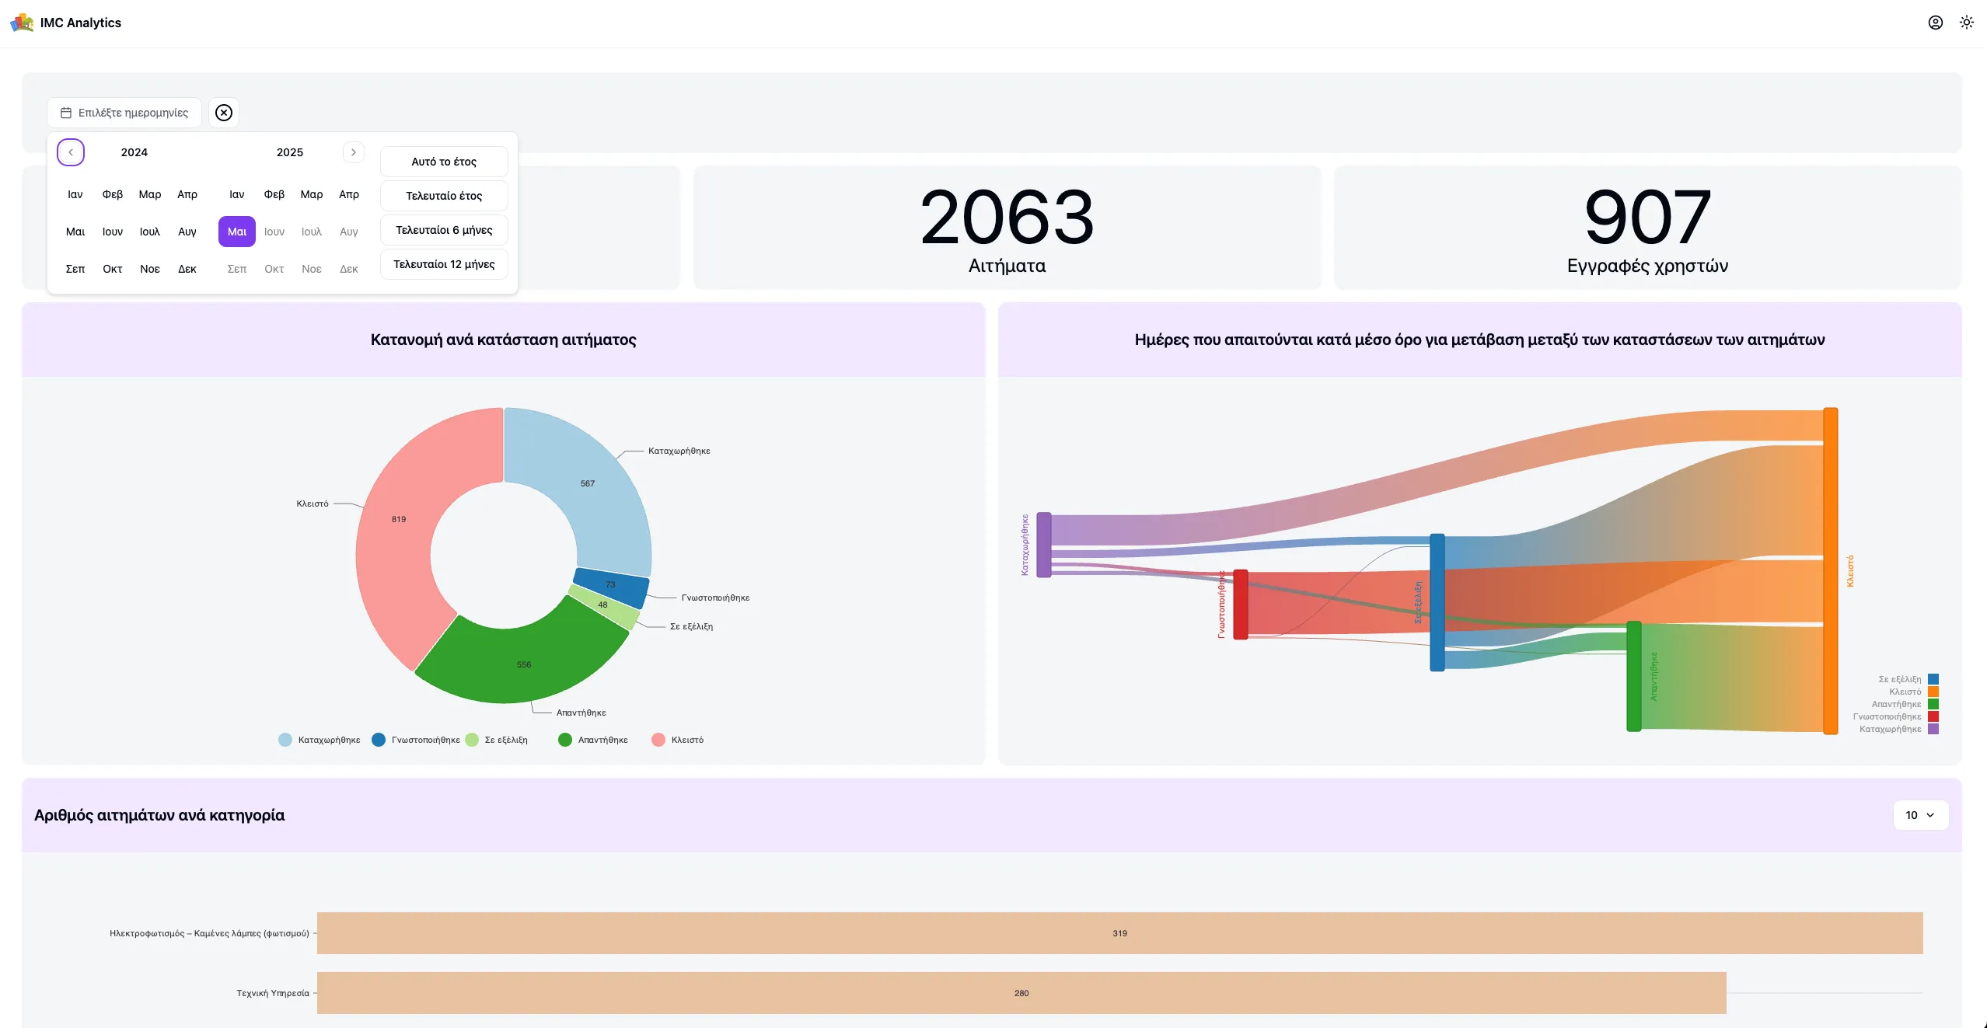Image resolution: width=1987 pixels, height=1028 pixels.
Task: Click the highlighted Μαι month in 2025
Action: click(236, 232)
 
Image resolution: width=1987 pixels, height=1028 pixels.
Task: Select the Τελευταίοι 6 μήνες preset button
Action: click(444, 230)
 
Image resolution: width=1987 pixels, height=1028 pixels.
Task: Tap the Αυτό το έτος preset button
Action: click(444, 162)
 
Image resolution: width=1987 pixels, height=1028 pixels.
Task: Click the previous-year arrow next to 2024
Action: click(71, 152)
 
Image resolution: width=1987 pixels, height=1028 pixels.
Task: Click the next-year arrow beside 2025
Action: click(353, 152)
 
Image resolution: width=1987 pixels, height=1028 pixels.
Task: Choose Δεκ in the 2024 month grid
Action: click(187, 269)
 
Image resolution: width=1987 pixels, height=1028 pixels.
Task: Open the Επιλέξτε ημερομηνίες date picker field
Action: click(124, 113)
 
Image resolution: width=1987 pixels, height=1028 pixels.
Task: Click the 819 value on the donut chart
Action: click(399, 519)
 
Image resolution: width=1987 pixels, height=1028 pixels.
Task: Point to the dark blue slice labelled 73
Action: click(610, 585)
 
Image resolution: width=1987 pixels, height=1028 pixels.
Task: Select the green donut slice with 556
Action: click(524, 664)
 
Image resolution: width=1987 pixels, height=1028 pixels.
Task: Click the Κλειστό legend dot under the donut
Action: click(658, 740)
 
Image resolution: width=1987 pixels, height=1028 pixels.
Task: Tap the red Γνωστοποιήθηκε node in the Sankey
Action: click(1241, 605)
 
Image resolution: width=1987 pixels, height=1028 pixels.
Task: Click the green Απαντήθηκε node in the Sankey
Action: click(1634, 676)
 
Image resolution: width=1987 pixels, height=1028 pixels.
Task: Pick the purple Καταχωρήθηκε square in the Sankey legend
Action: click(1933, 729)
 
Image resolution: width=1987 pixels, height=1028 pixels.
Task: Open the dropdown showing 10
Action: click(1919, 815)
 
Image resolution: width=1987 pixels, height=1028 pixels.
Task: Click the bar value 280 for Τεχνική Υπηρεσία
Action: click(1021, 993)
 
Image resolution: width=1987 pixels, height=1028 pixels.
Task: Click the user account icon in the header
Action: click(1936, 23)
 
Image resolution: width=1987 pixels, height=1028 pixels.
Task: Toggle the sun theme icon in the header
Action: click(1967, 23)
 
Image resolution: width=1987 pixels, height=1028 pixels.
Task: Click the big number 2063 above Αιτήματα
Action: click(1007, 218)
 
